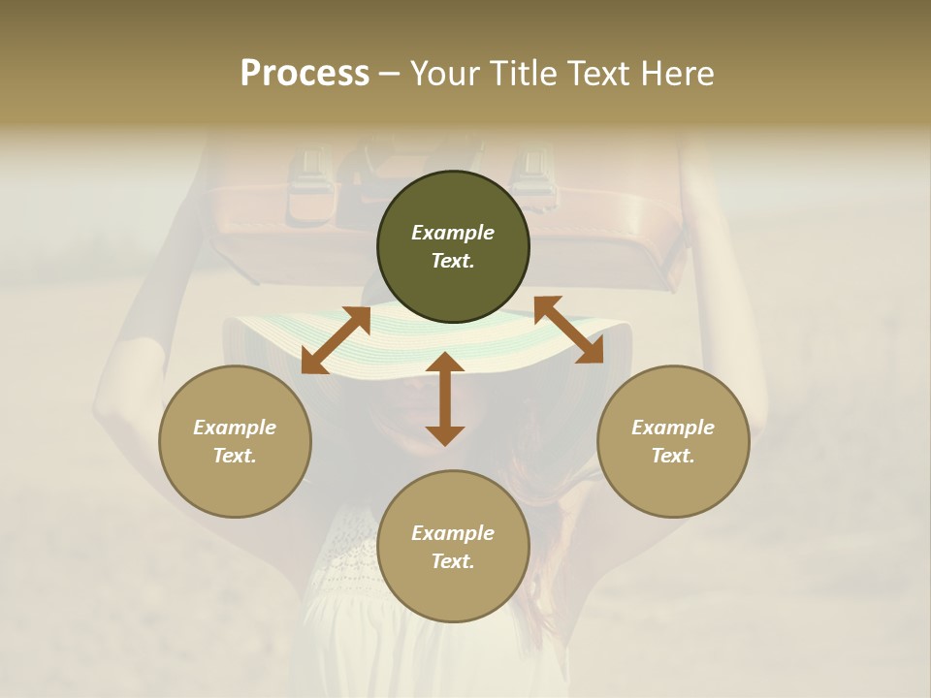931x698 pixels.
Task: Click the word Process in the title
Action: (305, 74)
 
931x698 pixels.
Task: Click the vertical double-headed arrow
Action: (445, 398)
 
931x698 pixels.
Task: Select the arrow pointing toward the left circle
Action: (336, 340)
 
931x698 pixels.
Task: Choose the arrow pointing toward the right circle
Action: (568, 330)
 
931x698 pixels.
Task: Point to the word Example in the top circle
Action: (453, 233)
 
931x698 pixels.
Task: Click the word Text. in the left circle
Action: (235, 456)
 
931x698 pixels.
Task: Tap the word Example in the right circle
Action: (673, 428)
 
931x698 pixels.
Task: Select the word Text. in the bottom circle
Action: (453, 561)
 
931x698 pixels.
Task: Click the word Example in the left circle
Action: (235, 428)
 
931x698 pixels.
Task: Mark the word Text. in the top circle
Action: (453, 261)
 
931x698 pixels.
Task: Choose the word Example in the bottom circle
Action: (453, 533)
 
